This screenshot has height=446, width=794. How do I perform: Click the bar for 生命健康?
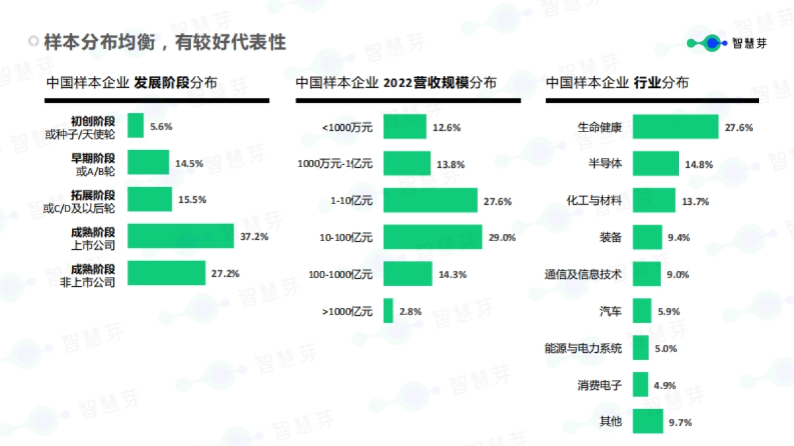(x=675, y=127)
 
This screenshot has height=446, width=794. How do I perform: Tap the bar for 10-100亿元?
(x=433, y=237)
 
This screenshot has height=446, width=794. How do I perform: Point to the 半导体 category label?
(x=605, y=164)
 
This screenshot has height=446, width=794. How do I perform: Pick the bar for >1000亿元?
(x=388, y=311)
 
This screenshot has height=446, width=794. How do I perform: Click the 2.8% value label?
(x=410, y=311)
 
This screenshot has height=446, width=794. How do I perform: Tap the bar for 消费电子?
(x=640, y=385)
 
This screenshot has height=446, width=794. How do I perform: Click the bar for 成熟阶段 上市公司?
(x=181, y=236)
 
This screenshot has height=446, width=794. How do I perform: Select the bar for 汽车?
(x=642, y=311)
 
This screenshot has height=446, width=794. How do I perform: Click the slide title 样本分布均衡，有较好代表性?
(x=165, y=43)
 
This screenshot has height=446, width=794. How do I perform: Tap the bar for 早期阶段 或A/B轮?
(x=148, y=163)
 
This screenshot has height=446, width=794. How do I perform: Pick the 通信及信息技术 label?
(x=583, y=274)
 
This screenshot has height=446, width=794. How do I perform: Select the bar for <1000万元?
(x=405, y=127)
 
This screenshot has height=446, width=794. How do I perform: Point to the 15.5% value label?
(x=193, y=199)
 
